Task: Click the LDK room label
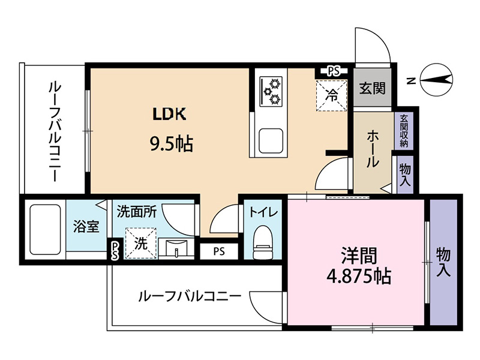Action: click(x=169, y=114)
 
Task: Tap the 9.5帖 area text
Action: click(x=171, y=143)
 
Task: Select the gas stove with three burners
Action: click(x=271, y=91)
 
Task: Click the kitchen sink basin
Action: click(x=271, y=141)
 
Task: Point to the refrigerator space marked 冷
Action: click(x=332, y=95)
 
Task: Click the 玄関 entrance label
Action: click(x=372, y=88)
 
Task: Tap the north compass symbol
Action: click(x=436, y=80)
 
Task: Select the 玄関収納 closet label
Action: click(x=404, y=131)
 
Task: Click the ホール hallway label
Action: click(x=372, y=148)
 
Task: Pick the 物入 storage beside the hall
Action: click(x=404, y=175)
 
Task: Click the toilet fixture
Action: click(x=263, y=242)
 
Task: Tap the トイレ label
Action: click(x=263, y=212)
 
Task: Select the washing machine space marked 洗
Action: click(x=141, y=244)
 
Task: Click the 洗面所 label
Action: click(x=137, y=212)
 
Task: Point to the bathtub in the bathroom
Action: click(x=45, y=229)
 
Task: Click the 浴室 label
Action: click(x=86, y=227)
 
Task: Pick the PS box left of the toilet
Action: click(x=219, y=251)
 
